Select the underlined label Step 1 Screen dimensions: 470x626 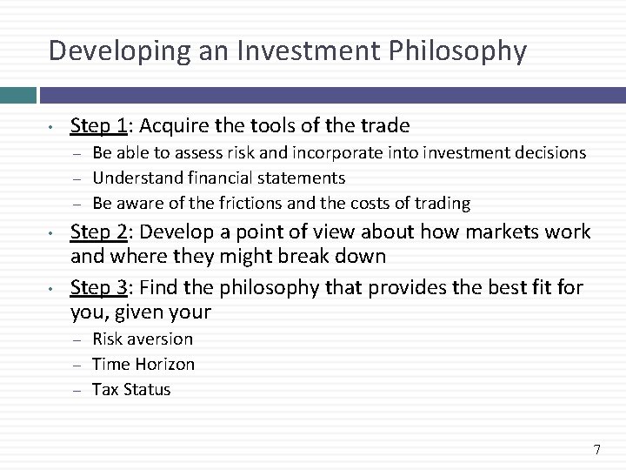tap(97, 125)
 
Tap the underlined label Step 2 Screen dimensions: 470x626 tap(97, 233)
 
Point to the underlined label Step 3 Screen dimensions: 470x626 tap(97, 286)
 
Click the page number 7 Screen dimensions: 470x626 tap(596, 450)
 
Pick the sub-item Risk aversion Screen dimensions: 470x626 tap(143, 339)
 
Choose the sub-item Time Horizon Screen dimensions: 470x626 tap(143, 364)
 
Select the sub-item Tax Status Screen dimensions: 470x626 tap(131, 389)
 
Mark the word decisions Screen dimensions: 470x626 tap(547, 153)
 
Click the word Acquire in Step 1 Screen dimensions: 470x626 tap(170, 125)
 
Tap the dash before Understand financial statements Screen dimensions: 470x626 tap(76, 178)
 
